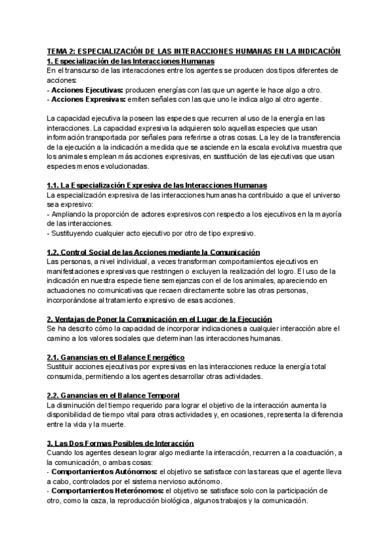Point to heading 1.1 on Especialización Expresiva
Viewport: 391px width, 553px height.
point(157,185)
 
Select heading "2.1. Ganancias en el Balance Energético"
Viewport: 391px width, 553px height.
point(116,357)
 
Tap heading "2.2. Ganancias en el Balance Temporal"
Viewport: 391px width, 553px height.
point(114,395)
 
